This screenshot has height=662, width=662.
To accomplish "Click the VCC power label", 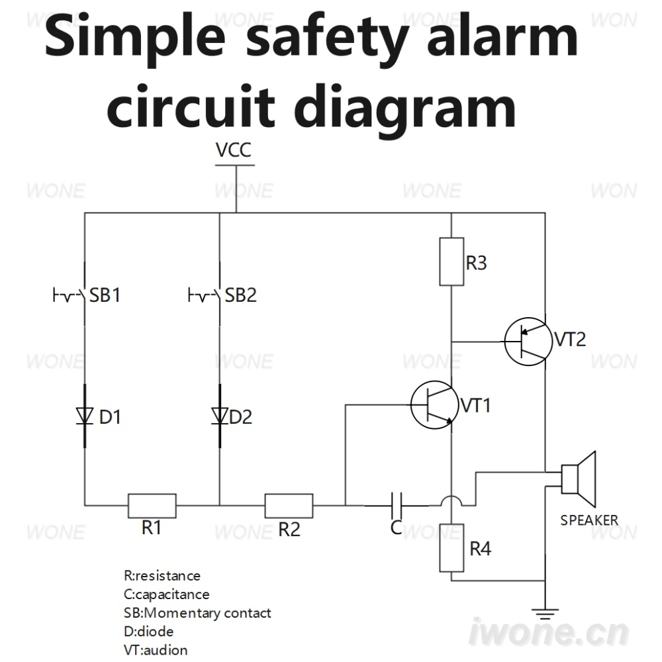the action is click(x=234, y=150).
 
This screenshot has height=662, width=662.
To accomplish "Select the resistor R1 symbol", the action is click(x=152, y=505).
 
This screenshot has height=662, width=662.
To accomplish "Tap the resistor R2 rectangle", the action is click(x=289, y=505).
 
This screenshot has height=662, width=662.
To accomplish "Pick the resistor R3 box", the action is click(x=451, y=261).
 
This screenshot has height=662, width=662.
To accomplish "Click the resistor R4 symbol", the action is click(x=451, y=548).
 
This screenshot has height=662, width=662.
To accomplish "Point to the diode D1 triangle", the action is click(x=85, y=416).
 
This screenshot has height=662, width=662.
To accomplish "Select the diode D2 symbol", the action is click(x=220, y=416).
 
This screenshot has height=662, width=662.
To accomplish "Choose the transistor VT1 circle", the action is click(x=434, y=405).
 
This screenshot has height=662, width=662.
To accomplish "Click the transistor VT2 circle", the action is click(x=528, y=342).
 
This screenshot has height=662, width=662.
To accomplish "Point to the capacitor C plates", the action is click(x=397, y=505).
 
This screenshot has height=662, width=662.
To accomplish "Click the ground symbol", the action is click(x=545, y=614).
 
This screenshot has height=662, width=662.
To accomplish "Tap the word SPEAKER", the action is click(x=589, y=520).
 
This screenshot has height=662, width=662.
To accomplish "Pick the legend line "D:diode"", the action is click(x=148, y=631).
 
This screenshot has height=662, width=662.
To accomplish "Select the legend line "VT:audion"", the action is click(x=156, y=650).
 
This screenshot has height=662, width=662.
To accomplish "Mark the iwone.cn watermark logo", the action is click(x=549, y=632).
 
